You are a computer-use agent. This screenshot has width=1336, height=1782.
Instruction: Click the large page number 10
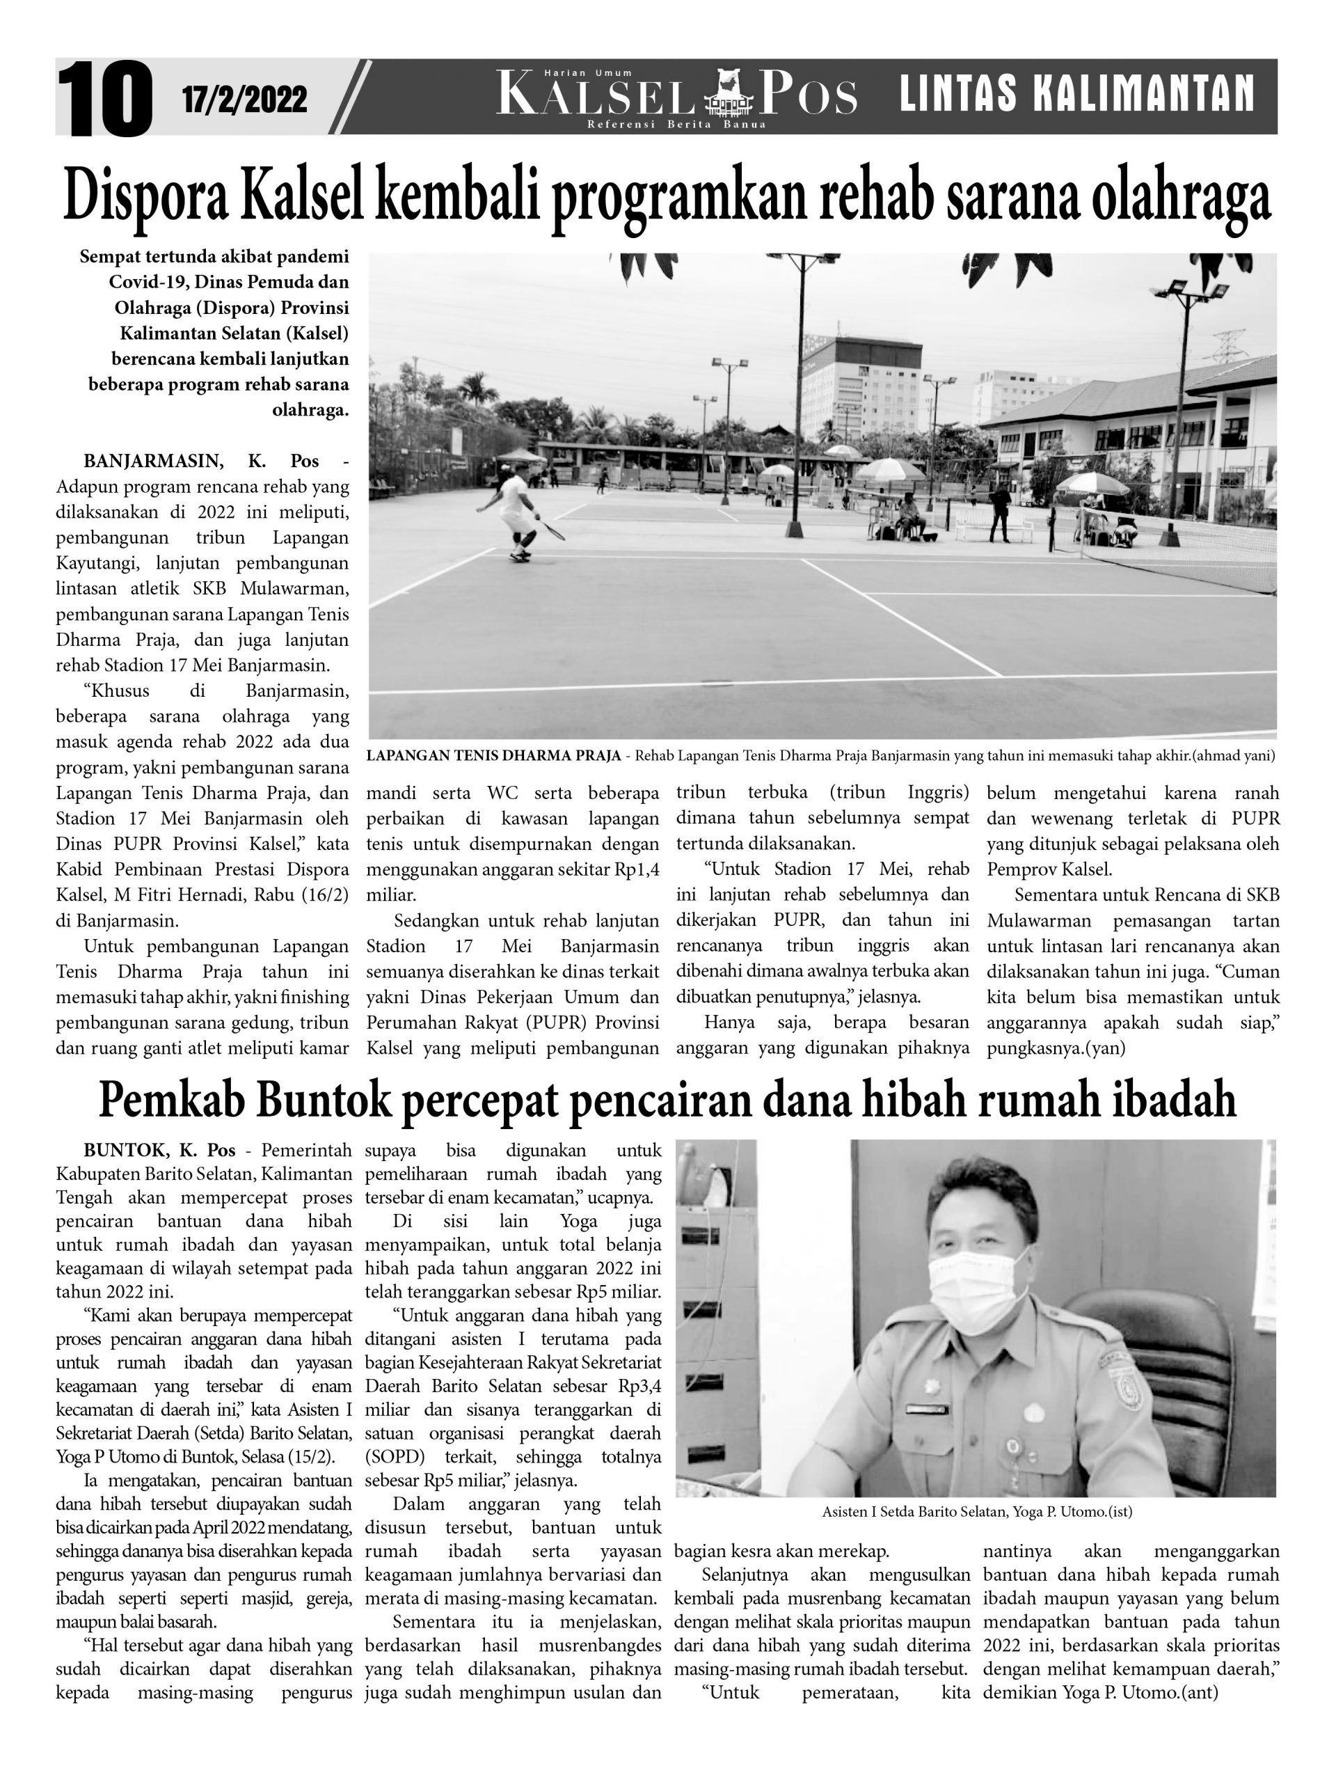[104, 99]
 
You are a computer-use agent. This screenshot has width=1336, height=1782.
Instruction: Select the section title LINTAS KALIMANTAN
[1076, 93]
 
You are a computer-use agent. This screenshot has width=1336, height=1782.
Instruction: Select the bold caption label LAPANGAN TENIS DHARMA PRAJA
[493, 756]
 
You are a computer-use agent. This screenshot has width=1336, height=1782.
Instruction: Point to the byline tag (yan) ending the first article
[1107, 1048]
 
